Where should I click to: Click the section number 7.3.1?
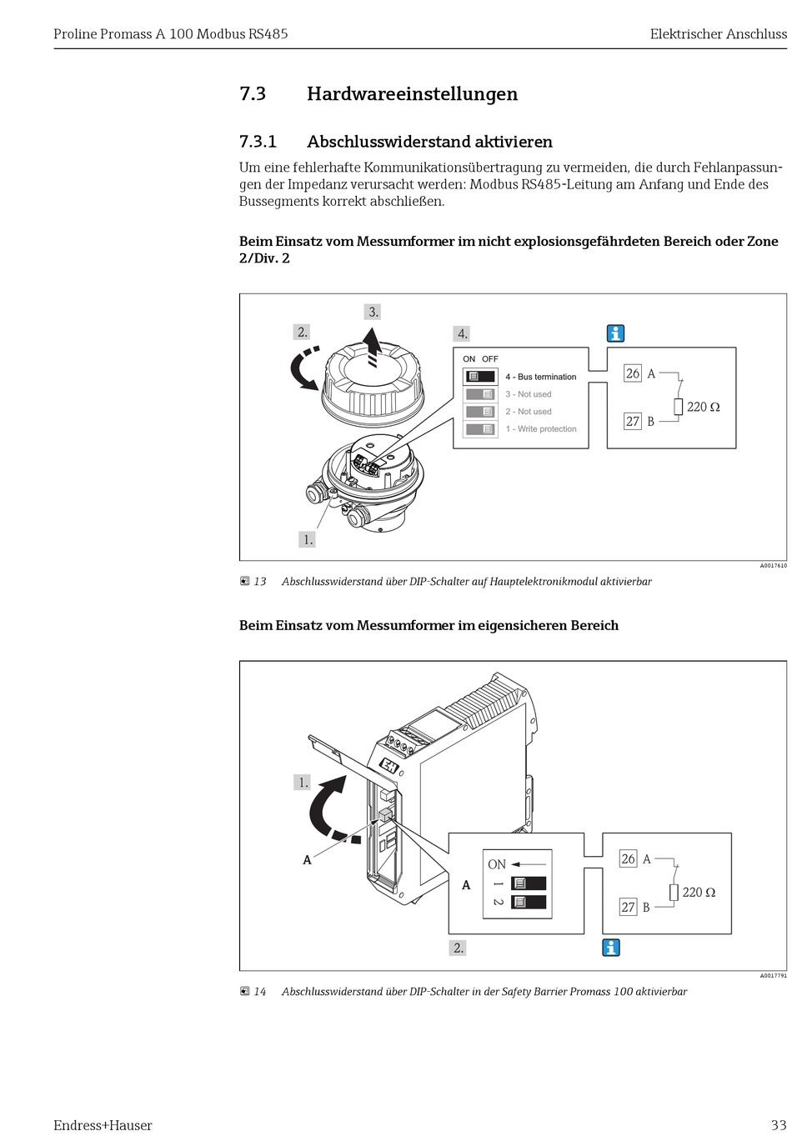(258, 142)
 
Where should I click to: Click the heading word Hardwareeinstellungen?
(412, 94)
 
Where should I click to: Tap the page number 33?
(778, 1125)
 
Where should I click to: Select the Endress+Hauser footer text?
(103, 1125)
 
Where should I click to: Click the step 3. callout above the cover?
(373, 312)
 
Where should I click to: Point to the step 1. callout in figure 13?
(308, 539)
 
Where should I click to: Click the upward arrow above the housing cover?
(373, 346)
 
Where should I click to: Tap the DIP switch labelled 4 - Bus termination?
(480, 377)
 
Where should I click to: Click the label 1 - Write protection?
(541, 429)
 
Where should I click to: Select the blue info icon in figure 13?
(615, 333)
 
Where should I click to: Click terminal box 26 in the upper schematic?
(633, 373)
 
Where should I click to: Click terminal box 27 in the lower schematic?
(628, 907)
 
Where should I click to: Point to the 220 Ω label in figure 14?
(699, 892)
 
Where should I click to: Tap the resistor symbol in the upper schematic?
(679, 407)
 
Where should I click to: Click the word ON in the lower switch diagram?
(497, 864)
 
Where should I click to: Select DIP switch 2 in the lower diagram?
(529, 902)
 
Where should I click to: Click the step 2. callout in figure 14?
(458, 948)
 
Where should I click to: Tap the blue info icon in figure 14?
(611, 948)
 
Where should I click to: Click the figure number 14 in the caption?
(260, 992)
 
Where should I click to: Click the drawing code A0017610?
(773, 565)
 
